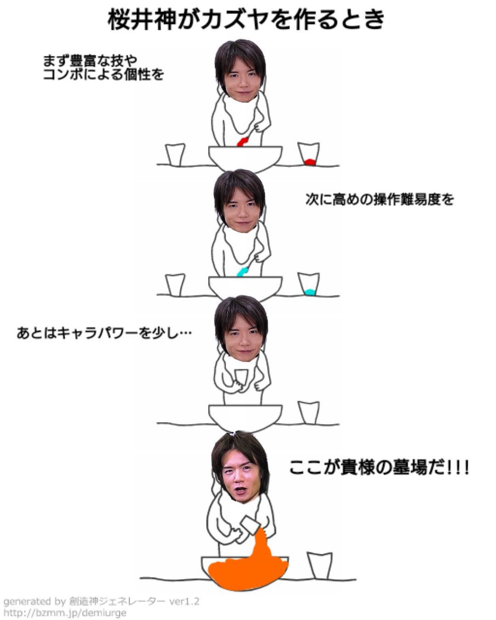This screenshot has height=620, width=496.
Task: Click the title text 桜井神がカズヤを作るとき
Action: click(247, 21)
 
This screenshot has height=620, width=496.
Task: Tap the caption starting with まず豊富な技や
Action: click(103, 68)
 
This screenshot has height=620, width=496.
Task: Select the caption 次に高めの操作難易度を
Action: click(379, 199)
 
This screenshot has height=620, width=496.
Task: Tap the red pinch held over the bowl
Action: click(242, 142)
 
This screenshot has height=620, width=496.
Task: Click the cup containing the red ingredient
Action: click(309, 154)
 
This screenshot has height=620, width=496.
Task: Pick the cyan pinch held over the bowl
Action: click(242, 271)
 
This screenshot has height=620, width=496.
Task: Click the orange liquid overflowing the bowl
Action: click(248, 568)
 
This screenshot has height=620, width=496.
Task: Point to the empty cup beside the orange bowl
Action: click(319, 565)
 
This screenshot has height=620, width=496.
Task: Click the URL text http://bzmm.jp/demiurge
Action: click(65, 613)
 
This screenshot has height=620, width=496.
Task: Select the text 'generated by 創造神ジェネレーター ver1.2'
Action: click(101, 602)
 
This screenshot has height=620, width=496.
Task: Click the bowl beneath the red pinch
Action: click(245, 158)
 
